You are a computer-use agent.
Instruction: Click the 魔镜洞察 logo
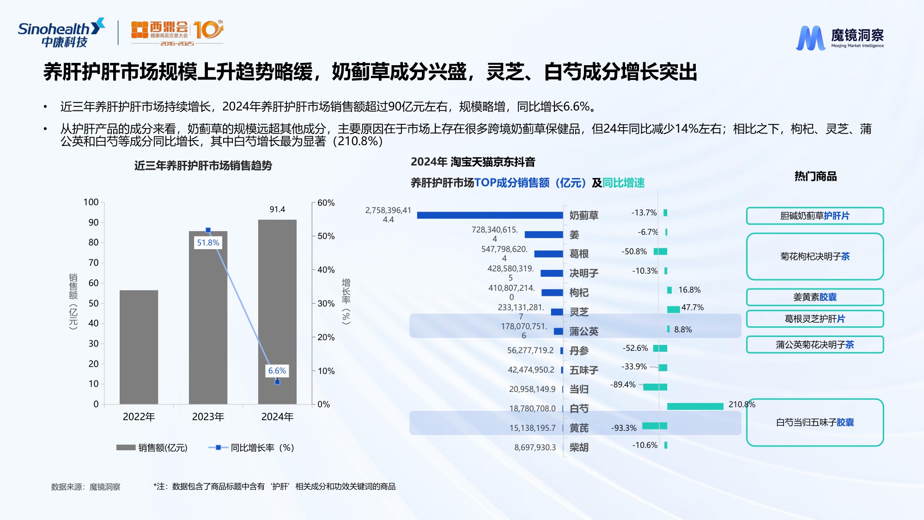point(840,37)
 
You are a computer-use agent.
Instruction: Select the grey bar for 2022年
point(139,347)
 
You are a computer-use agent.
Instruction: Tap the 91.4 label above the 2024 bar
point(277,209)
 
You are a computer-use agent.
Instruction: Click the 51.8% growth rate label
point(208,243)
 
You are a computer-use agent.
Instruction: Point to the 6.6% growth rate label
point(277,371)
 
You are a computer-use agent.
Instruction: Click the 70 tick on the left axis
point(93,263)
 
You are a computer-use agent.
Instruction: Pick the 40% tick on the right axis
point(326,270)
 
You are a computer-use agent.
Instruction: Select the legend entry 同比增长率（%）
point(252,447)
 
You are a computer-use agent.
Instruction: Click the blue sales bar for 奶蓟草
point(490,215)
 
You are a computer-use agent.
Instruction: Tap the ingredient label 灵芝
point(579,312)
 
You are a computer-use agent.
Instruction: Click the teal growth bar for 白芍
point(695,406)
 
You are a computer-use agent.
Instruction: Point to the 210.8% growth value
point(742,404)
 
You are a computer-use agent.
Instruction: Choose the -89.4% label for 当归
point(623,385)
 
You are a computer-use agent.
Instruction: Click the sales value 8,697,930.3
point(535,447)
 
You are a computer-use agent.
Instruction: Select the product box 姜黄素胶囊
point(815,297)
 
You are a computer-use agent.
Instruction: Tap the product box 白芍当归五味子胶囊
point(815,422)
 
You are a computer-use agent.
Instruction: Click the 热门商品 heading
point(815,176)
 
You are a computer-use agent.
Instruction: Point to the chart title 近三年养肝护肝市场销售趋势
point(203,165)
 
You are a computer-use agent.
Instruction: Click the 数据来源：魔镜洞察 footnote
point(85,487)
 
